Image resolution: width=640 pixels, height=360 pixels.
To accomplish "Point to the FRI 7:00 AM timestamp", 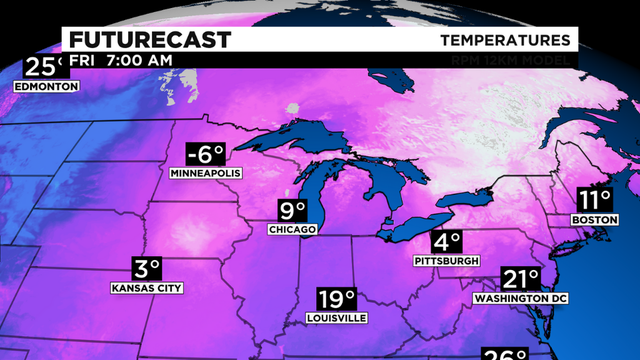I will point(120,60).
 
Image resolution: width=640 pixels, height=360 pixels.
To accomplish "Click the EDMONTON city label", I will point(46,87).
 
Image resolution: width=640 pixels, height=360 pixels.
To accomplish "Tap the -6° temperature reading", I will point(204,155).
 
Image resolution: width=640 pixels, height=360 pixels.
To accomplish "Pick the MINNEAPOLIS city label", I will point(206,173).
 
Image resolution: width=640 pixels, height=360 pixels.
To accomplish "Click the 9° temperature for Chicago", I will point(292,212).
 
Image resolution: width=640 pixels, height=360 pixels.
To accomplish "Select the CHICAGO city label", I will point(293,230).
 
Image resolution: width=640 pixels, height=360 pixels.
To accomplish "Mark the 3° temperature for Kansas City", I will point(147,269).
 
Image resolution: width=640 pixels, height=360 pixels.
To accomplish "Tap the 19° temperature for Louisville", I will point(337,299).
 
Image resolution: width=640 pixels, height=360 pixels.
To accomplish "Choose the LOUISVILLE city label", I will point(337,318).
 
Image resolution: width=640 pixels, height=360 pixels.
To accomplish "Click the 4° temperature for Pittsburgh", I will point(447,242).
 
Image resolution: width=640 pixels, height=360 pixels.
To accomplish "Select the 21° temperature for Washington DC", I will point(520,280).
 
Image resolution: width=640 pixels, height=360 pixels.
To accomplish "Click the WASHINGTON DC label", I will point(513,298).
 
